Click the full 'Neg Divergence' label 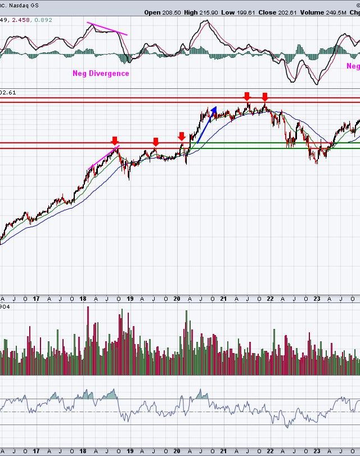[101, 73]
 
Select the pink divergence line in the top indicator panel [107, 29]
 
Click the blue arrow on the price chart [206, 123]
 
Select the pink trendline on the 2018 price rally [104, 157]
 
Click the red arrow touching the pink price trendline [115, 140]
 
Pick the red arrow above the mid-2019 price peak [156, 141]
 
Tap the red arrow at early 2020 [182, 137]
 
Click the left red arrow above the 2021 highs [246, 96]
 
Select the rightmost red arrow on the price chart [265, 97]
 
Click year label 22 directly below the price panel [271, 299]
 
